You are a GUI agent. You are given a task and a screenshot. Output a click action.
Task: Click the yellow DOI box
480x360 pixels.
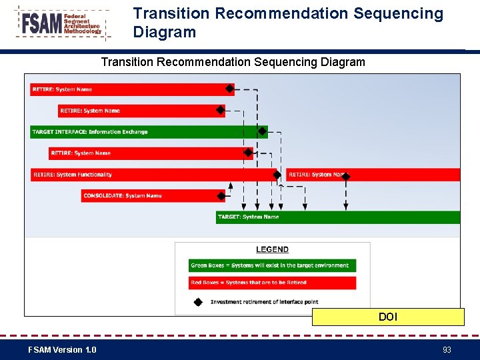click(388, 317)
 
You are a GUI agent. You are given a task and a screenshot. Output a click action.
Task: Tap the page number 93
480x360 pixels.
click(447, 349)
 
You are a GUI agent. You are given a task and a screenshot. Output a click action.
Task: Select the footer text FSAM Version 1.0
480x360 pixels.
click(62, 349)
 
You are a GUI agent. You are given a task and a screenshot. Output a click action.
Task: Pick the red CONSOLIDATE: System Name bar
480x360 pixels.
click(150, 196)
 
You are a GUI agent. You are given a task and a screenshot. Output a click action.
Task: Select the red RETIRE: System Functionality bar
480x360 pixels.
click(153, 175)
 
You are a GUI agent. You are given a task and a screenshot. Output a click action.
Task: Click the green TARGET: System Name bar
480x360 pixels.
click(337, 217)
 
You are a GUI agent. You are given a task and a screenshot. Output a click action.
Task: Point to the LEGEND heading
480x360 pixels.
click(272, 249)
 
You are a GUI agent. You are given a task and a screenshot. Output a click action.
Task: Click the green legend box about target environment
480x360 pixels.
click(272, 265)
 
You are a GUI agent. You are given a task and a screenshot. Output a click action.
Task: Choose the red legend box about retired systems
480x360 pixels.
click(272, 283)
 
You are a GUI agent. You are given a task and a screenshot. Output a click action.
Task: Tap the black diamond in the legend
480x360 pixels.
click(198, 301)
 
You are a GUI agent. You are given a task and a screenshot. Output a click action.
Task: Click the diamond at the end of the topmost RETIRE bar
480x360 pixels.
click(229, 89)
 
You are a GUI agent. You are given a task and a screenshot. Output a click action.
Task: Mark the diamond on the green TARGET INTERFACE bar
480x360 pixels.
click(263, 132)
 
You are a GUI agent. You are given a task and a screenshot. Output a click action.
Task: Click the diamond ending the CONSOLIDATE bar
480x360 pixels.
click(221, 196)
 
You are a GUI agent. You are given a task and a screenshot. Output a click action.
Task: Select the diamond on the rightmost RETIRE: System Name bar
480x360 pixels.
click(345, 175)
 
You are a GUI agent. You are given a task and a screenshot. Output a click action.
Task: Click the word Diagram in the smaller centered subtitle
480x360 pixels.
click(341, 62)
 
